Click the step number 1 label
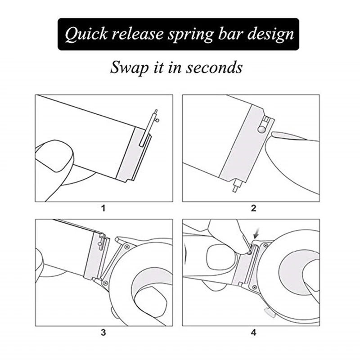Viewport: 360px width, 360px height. click(x=103, y=208)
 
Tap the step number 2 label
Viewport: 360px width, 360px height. click(x=253, y=208)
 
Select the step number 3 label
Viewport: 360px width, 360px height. click(x=103, y=333)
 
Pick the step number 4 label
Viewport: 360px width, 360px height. click(x=253, y=333)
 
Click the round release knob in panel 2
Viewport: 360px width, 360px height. click(x=261, y=128)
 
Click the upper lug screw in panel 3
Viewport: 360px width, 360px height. click(x=126, y=246)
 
